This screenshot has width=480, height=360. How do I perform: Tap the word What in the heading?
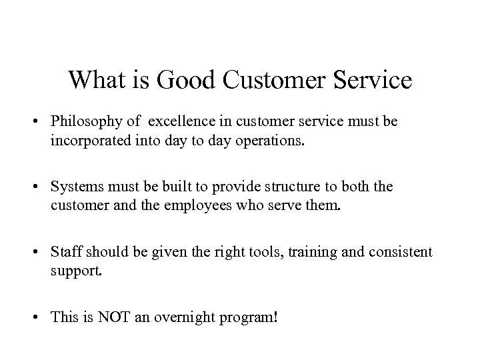[x=94, y=80]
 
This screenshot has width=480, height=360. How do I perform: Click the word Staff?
[x=65, y=253]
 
